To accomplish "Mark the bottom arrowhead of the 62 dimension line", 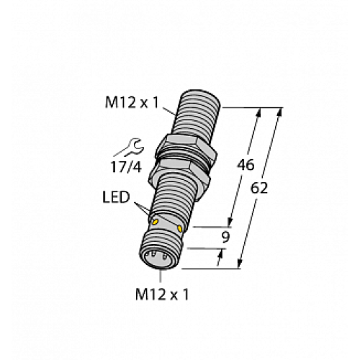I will point(240,266).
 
